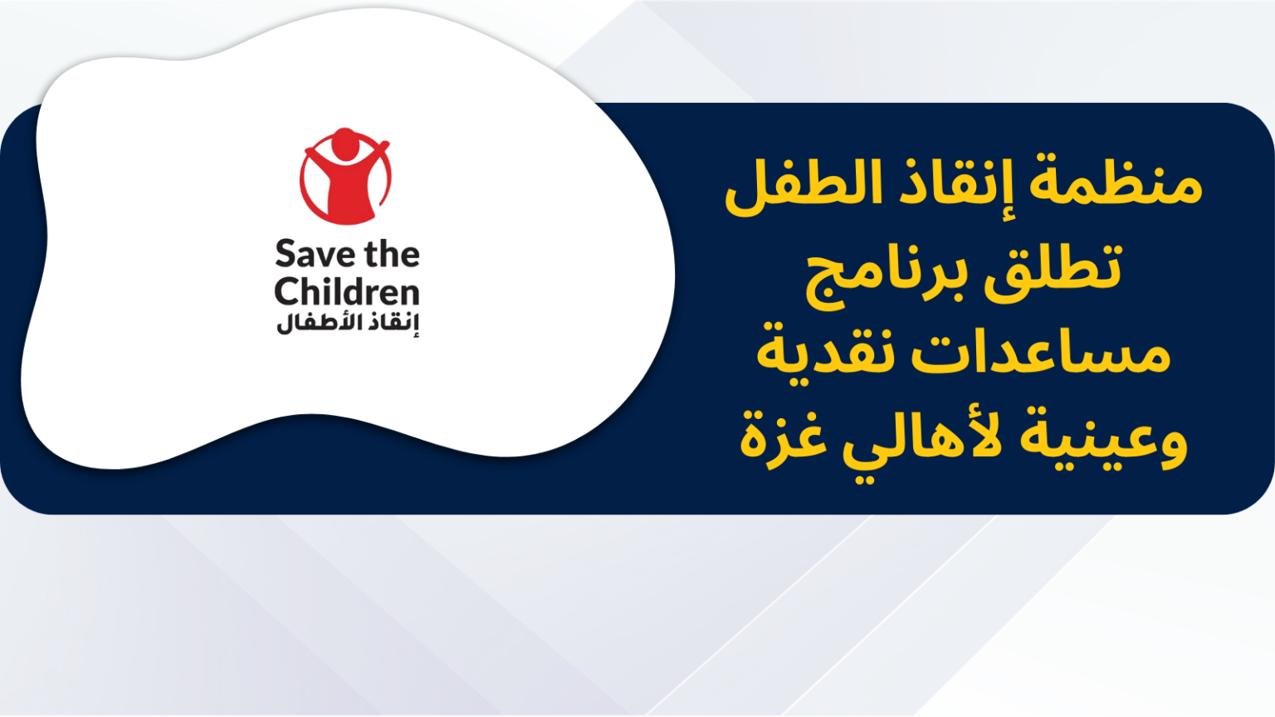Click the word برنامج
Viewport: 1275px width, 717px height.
pyautogui.click(x=887, y=279)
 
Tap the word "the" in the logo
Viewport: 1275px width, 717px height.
pyautogui.click(x=392, y=254)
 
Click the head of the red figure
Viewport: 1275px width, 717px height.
pyautogui.click(x=345, y=144)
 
